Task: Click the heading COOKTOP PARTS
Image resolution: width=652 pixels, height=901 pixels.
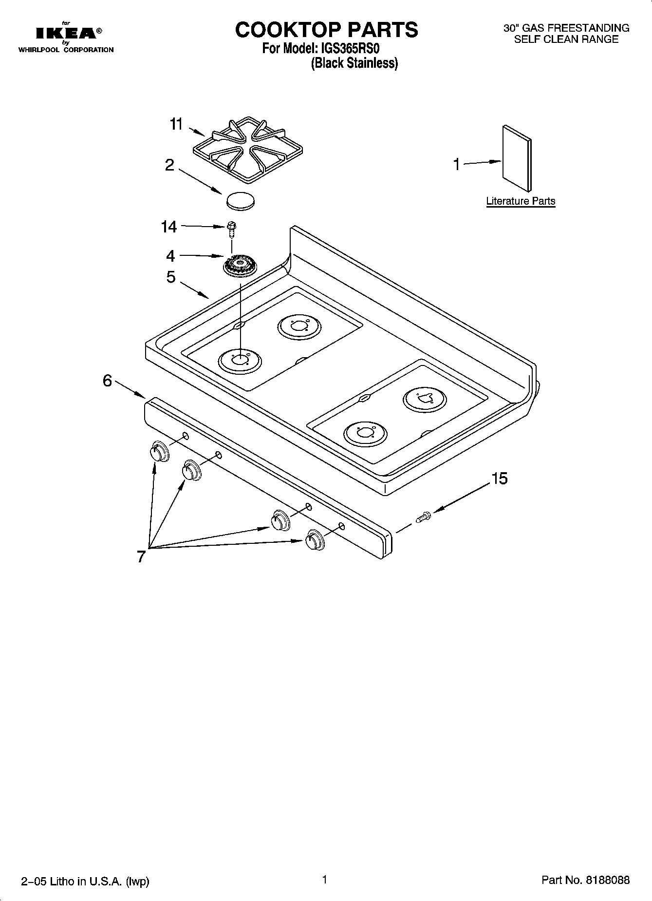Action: click(326, 30)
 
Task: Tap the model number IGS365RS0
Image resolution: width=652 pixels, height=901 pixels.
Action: click(348, 49)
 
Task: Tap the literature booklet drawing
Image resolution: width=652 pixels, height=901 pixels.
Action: click(517, 157)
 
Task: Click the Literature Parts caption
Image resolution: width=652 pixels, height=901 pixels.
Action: click(521, 201)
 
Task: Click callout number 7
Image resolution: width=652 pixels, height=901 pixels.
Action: click(141, 556)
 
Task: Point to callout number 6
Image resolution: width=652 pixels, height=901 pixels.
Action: click(108, 381)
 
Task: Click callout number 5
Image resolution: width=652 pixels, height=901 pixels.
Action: click(170, 277)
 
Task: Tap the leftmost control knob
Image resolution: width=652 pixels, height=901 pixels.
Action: click(159, 451)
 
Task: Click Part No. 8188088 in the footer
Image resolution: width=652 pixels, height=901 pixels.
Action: click(585, 880)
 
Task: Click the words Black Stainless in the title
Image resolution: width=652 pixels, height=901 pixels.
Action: click(354, 63)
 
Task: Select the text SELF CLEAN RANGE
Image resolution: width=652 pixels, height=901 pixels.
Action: click(566, 39)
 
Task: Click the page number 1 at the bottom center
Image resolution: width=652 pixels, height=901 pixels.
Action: click(324, 879)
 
